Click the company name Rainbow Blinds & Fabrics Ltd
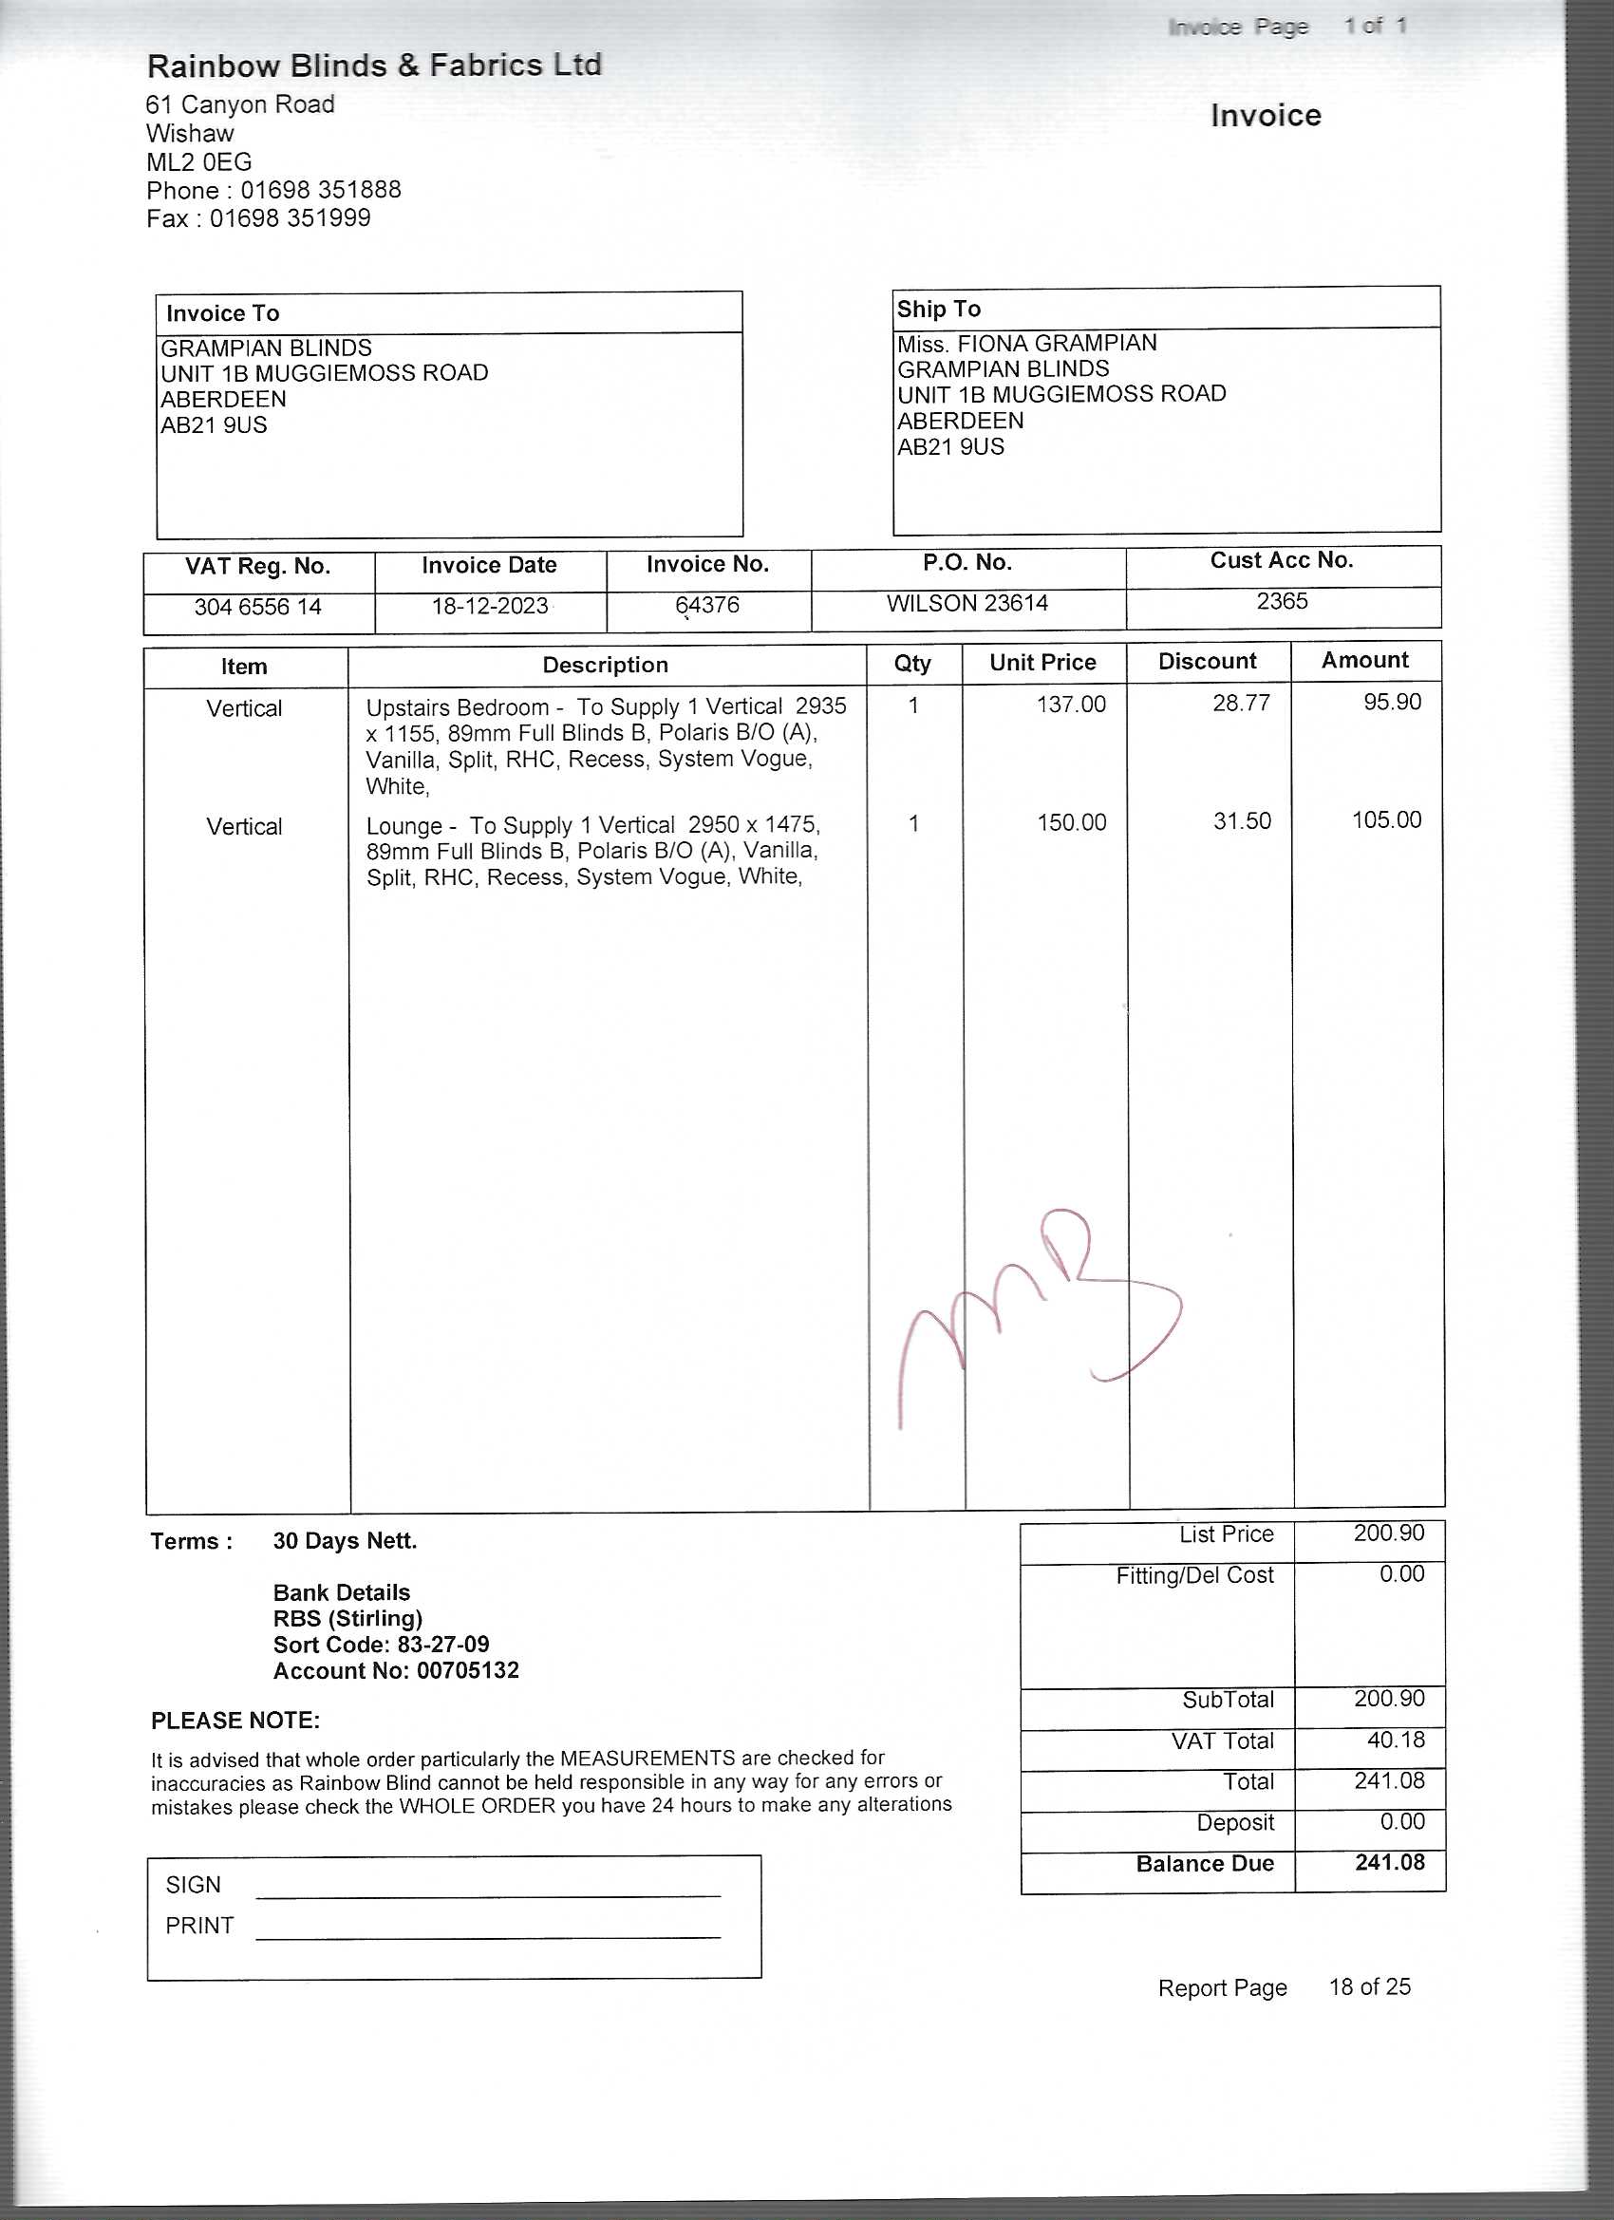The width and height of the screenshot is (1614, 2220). click(374, 66)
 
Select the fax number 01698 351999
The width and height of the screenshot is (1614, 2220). click(290, 218)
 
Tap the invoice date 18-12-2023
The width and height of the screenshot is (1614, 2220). click(489, 606)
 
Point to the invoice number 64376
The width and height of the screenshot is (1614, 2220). click(706, 605)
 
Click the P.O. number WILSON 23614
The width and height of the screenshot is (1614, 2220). click(967, 603)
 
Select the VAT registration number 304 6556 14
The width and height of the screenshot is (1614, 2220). click(257, 607)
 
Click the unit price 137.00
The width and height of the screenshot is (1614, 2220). click(1071, 705)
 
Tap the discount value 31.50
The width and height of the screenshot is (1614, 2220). click(1242, 821)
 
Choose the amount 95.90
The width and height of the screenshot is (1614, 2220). click(1392, 702)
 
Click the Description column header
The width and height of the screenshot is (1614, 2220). click(605, 666)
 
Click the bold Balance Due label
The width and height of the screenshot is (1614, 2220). click(1204, 1864)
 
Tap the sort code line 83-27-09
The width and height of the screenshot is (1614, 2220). click(381, 1645)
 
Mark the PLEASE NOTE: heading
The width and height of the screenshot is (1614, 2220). click(235, 1721)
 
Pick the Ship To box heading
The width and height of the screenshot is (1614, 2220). click(939, 310)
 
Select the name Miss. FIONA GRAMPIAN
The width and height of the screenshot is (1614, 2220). click(1026, 344)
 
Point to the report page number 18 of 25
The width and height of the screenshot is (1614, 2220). click(1369, 1987)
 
